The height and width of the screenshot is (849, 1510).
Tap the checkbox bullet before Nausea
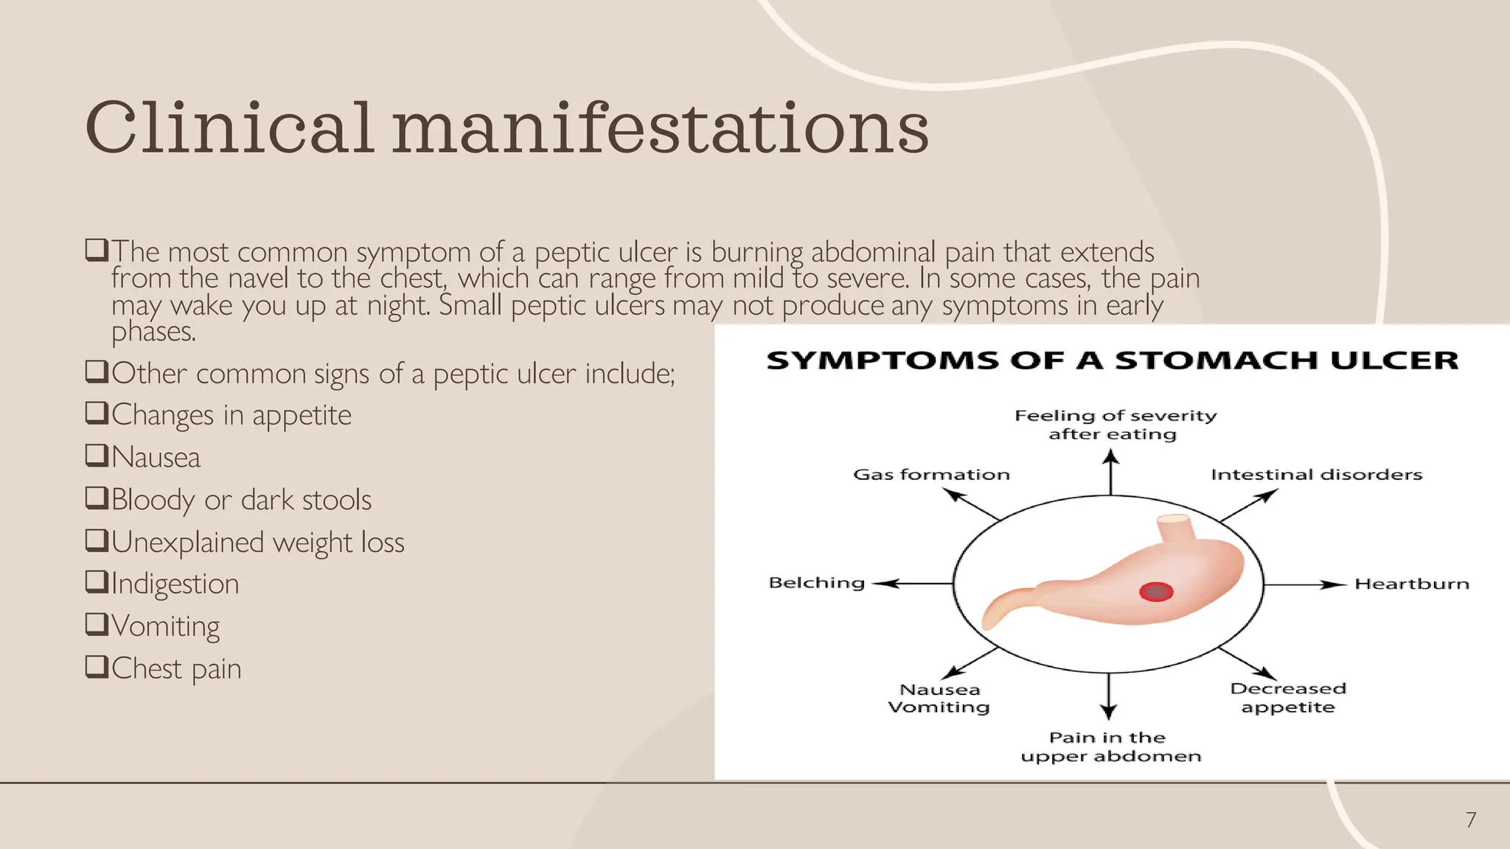(97, 455)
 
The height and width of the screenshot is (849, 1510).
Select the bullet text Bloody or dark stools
(241, 500)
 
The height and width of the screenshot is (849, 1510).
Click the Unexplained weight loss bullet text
(257, 542)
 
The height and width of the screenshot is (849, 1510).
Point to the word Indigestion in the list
(175, 584)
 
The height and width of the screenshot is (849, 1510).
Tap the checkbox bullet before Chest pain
(97, 666)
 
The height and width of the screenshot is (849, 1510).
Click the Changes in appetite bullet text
(232, 415)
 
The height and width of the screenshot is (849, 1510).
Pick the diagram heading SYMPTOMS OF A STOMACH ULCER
(1112, 360)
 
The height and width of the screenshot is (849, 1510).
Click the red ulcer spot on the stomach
(1156, 591)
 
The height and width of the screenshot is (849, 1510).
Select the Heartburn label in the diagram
(1412, 584)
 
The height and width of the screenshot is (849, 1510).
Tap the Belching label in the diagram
(816, 583)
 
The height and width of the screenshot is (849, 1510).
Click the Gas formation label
(931, 475)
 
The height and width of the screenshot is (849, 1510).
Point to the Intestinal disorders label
(1316, 475)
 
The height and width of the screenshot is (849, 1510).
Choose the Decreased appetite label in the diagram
(1288, 698)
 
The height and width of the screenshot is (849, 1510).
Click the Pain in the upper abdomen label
(1110, 747)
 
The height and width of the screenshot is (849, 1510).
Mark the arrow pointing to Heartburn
(1305, 584)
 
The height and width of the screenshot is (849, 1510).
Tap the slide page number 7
(1471, 820)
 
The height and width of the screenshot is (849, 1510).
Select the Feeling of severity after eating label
(1115, 424)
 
